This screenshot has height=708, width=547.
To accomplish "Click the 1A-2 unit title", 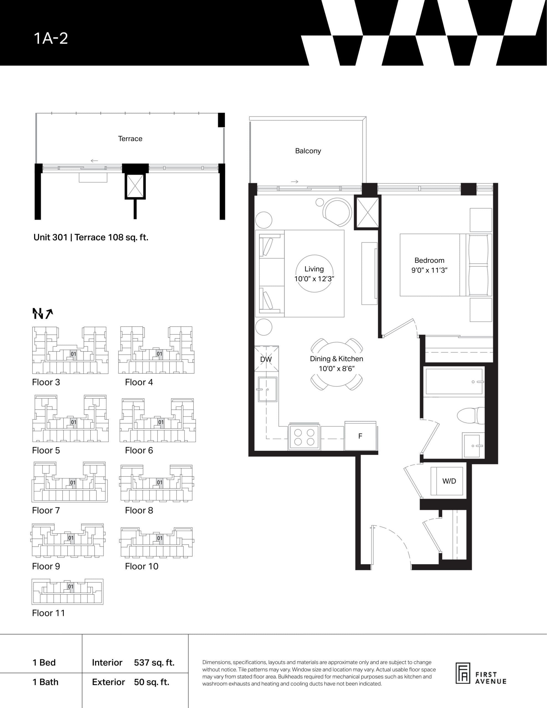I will point(51,38).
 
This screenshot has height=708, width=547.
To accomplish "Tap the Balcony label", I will point(308,151).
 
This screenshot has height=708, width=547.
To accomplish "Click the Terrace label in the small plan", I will point(130,139).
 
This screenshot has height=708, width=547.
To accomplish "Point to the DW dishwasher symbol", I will point(266,359).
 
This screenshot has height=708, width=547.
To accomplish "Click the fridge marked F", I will point(360,436).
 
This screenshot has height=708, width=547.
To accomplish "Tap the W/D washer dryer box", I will point(449,481).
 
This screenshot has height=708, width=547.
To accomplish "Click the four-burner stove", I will point(304,437).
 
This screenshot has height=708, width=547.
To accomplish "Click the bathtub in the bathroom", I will point(454,382).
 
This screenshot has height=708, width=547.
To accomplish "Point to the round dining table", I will point(336,364).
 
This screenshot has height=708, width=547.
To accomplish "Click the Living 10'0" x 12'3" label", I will point(314,274).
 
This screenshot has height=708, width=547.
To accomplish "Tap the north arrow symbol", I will point(43,313).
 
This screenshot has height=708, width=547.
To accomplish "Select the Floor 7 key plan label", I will point(46,510).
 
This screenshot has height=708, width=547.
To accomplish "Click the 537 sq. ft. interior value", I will point(154,663).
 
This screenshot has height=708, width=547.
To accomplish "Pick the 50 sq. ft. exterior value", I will point(151,682).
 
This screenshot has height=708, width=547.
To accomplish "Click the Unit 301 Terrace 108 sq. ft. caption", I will point(91,237).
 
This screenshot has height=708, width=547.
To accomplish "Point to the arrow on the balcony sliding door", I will point(294,181).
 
